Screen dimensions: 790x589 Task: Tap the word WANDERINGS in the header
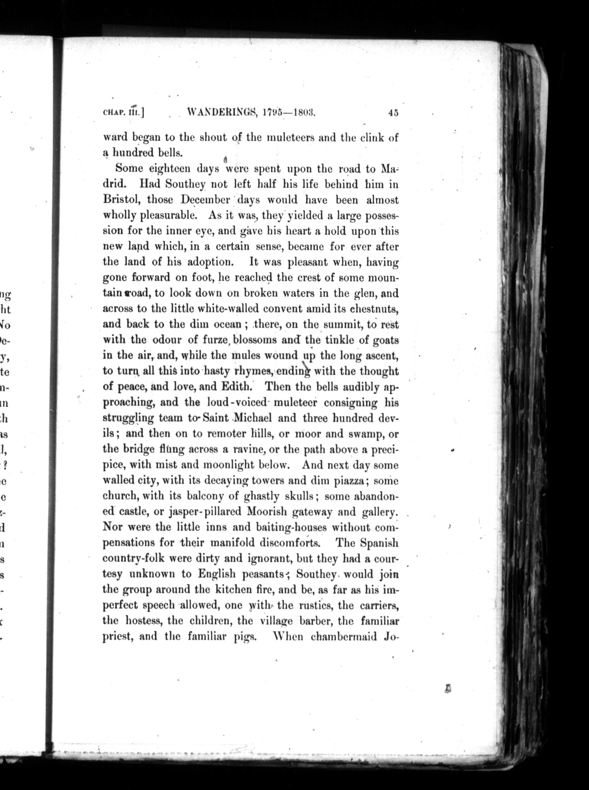click(x=222, y=113)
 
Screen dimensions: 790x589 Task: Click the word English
click(x=217, y=574)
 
